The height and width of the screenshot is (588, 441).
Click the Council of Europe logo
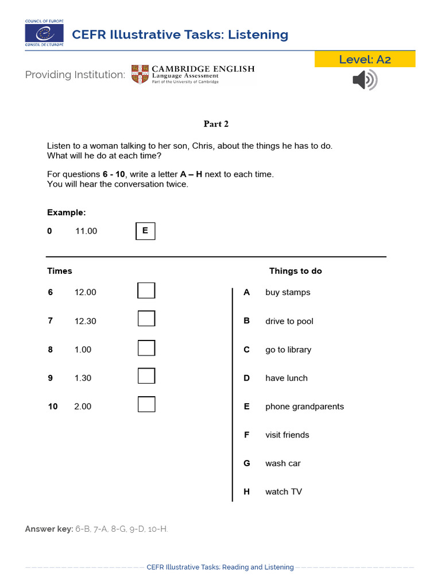pos(44,33)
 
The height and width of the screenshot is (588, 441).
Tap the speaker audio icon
pos(365,80)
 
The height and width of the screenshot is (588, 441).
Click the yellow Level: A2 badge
pos(365,59)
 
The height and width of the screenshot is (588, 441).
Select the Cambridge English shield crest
pos(140,75)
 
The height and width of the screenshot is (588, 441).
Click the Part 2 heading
pos(216,123)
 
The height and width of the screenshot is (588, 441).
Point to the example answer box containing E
pos(145,231)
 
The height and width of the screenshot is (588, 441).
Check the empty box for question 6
pos(146,291)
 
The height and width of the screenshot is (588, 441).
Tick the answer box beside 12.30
pos(146,319)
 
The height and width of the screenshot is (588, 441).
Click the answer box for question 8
pos(146,347)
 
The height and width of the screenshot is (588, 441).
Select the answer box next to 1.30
pos(146,376)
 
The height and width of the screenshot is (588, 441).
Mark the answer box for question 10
pos(146,404)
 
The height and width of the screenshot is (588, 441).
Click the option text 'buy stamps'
pos(288,292)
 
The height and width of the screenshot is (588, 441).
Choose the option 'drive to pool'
pos(289,321)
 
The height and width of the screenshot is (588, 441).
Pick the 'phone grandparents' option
pos(304,407)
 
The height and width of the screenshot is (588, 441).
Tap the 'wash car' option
pos(283,463)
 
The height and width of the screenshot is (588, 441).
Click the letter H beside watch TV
pos(246,492)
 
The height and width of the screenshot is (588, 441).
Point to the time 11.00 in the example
pos(86,231)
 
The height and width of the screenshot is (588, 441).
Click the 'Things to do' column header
pos(295,271)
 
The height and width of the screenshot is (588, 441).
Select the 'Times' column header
pos(60,271)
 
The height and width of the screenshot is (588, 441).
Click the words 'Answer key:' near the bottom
pos(49,529)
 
